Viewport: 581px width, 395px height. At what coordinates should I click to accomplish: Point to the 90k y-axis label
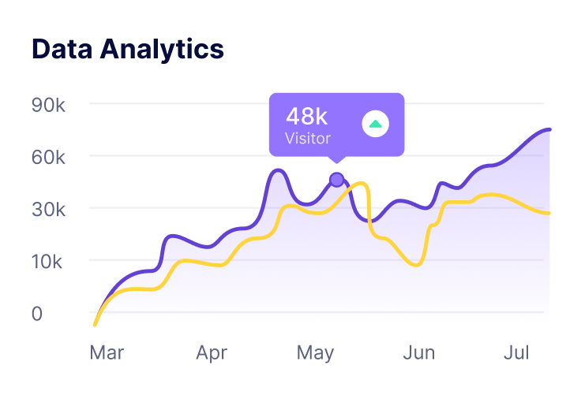[49, 104]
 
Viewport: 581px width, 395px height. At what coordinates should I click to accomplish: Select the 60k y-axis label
[49, 156]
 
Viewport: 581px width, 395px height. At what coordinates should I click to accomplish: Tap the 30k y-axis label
[49, 209]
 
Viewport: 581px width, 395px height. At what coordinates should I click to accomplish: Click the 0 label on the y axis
[37, 313]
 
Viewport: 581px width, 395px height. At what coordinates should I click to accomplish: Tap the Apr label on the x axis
[212, 353]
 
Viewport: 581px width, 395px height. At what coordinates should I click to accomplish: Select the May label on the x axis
[316, 353]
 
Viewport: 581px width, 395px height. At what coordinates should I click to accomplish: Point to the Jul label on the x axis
[516, 353]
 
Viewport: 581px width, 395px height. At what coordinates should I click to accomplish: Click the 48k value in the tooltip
[306, 117]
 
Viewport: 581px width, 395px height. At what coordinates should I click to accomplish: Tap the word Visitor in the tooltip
[308, 138]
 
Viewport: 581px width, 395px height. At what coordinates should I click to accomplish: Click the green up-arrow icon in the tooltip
[375, 124]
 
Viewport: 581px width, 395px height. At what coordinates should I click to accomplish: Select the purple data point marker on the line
[337, 180]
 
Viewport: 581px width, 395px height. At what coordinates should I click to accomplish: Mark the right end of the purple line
[549, 129]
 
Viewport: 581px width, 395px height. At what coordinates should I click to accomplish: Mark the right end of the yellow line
[549, 213]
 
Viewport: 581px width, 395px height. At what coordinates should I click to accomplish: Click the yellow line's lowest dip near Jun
[415, 265]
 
